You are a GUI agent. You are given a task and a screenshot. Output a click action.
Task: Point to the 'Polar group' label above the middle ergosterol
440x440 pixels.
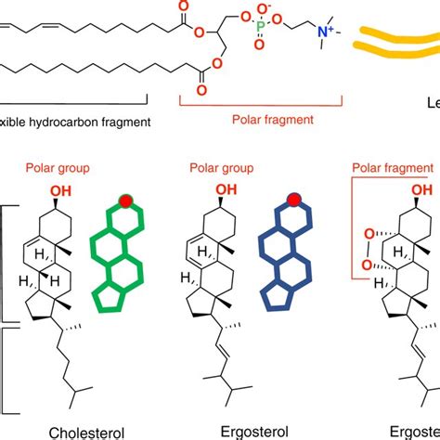(217, 170)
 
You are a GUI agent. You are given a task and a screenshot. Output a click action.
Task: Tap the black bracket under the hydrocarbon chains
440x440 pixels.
(74, 99)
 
